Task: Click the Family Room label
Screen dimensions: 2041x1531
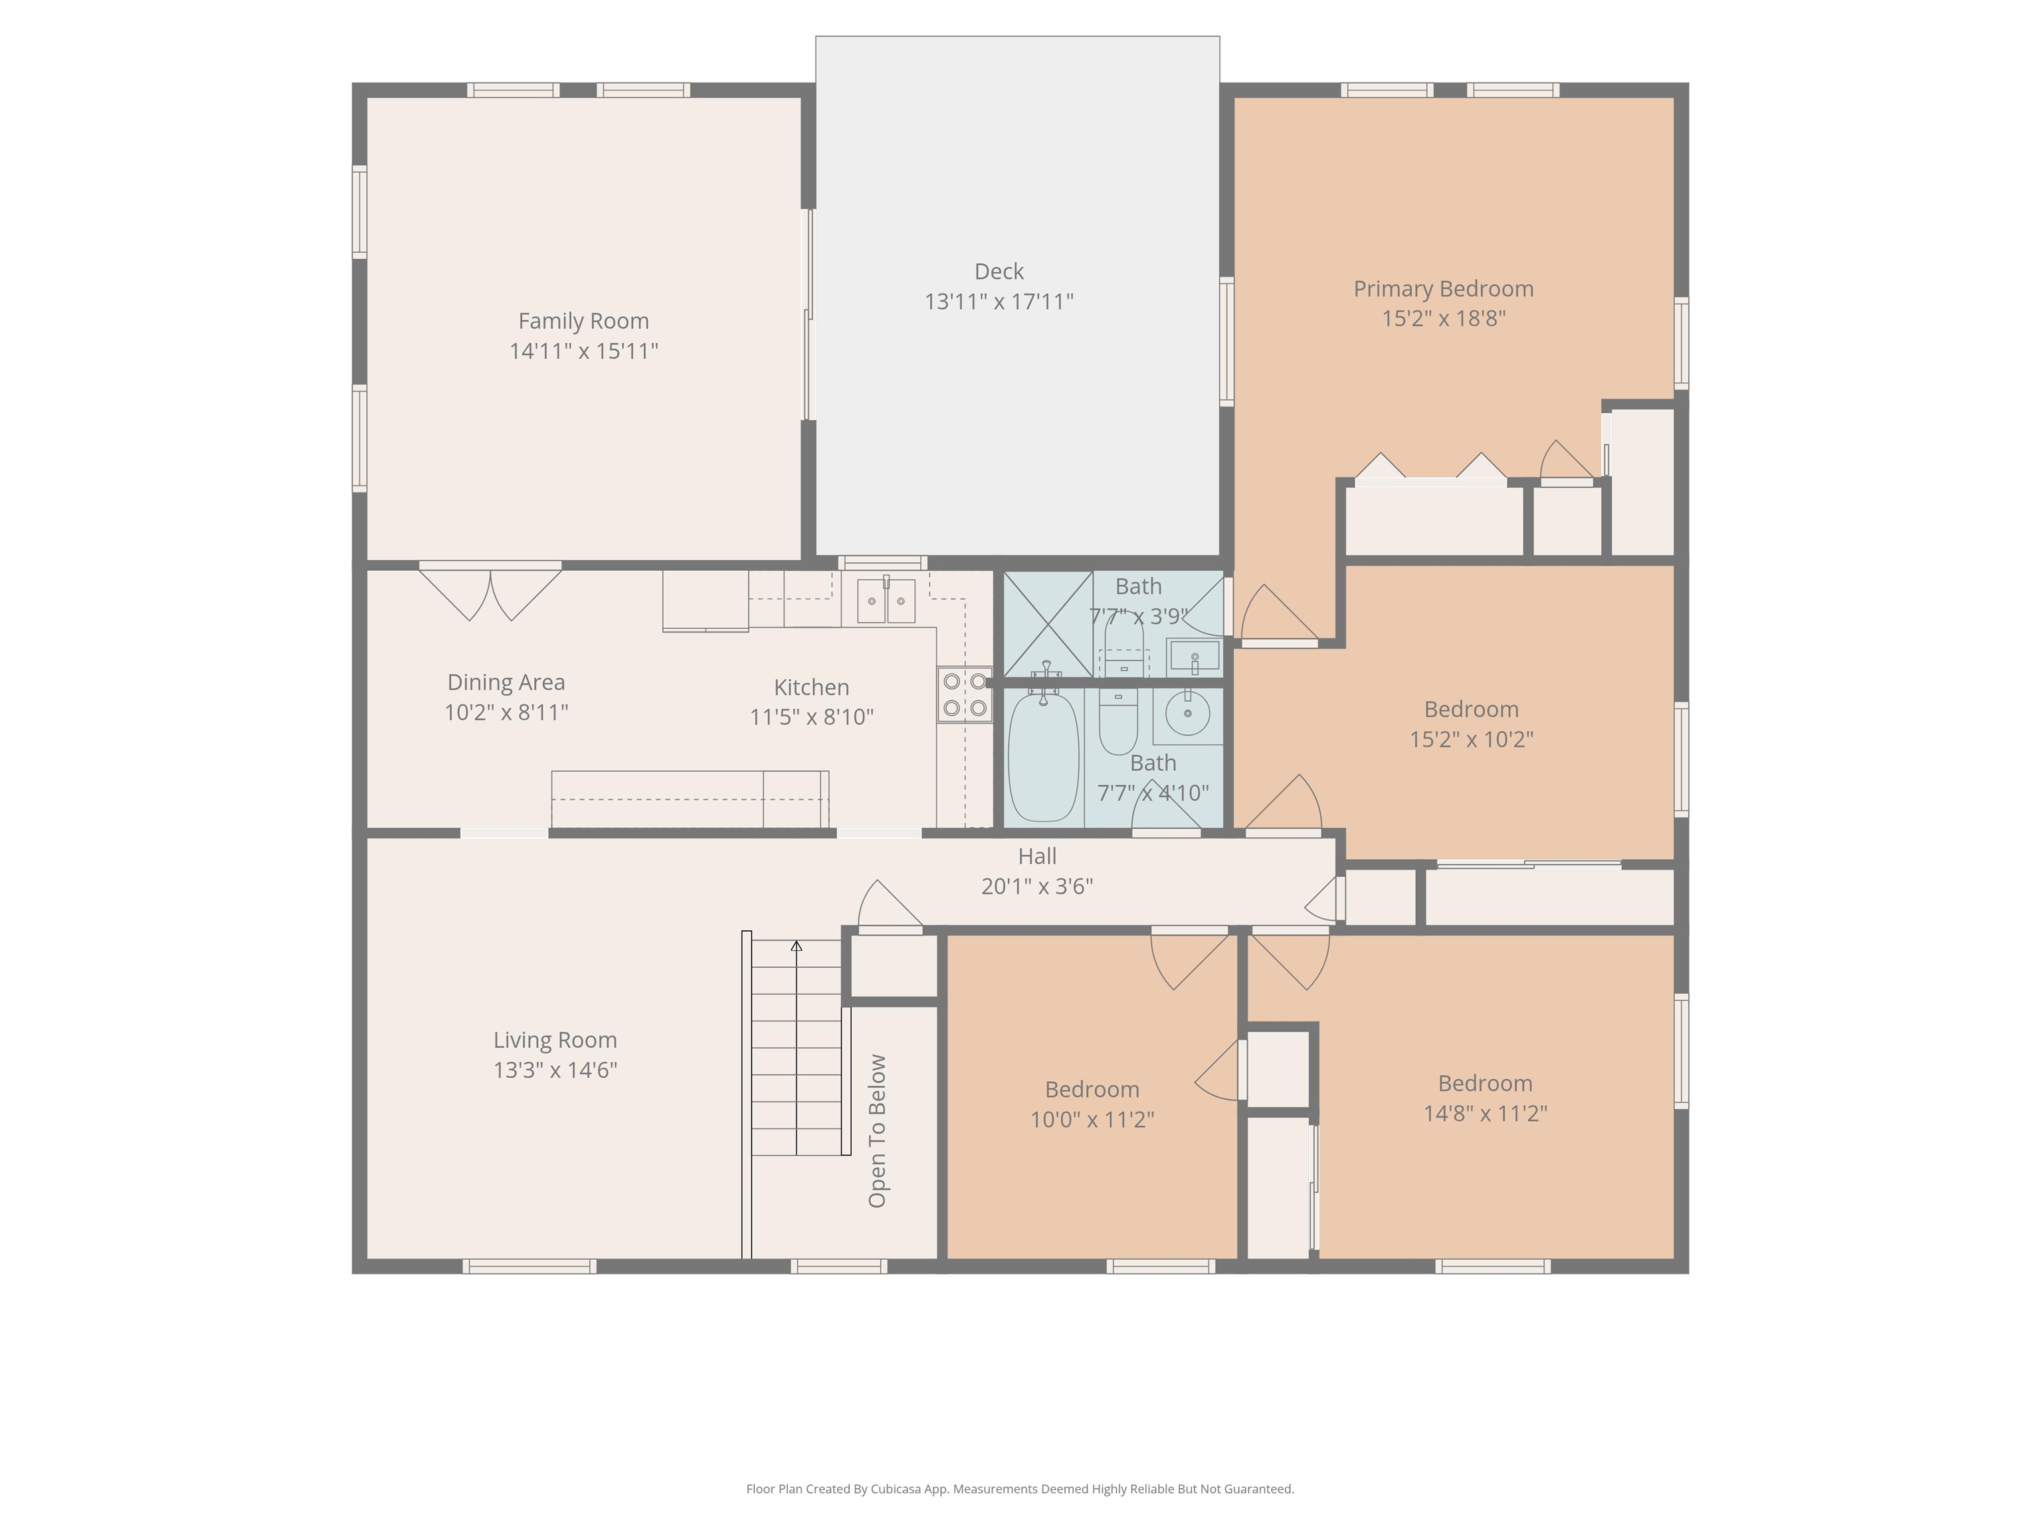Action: pyautogui.click(x=583, y=321)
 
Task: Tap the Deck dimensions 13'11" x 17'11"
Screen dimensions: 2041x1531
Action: pyautogui.click(x=999, y=302)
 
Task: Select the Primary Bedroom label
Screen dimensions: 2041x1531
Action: pyautogui.click(x=1443, y=289)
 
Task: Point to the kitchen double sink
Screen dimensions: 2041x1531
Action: pyautogui.click(x=886, y=601)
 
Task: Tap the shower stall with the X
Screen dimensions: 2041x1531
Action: pyautogui.click(x=1048, y=625)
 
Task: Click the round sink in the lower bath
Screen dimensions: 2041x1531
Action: pyautogui.click(x=1187, y=714)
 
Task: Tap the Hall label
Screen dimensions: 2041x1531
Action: pyautogui.click(x=1037, y=857)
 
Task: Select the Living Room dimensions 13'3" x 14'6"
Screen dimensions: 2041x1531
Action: pyautogui.click(x=555, y=1071)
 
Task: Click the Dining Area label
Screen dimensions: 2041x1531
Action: pyautogui.click(x=506, y=683)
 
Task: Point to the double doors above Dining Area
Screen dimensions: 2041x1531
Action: pyautogui.click(x=490, y=593)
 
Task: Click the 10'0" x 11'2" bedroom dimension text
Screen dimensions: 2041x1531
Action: pyautogui.click(x=1092, y=1120)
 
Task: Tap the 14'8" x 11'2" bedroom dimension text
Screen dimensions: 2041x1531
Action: pyautogui.click(x=1486, y=1114)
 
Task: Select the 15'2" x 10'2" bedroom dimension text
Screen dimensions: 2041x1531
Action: pyautogui.click(x=1472, y=739)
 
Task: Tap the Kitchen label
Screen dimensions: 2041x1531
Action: pyautogui.click(x=811, y=688)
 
